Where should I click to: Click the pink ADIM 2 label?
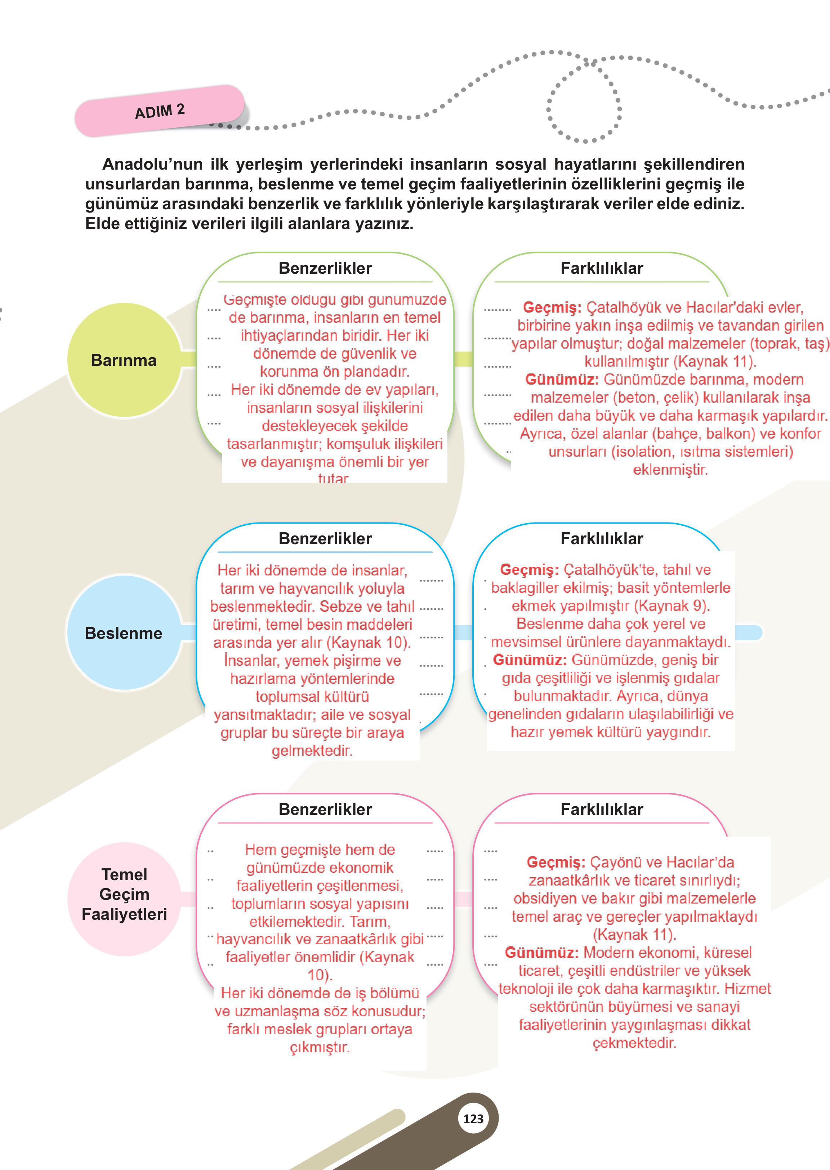tap(160, 110)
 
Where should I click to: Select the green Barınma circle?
tap(124, 360)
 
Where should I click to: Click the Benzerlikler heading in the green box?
tap(325, 268)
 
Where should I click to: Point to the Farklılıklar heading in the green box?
tap(602, 268)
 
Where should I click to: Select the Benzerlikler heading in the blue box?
tap(325, 538)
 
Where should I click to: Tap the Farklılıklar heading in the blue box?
tap(602, 538)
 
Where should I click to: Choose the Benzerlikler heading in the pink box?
tap(325, 809)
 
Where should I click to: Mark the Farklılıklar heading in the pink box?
tap(602, 809)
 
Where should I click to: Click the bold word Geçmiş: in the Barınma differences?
tap(552, 308)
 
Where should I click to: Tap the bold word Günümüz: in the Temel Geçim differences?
tap(541, 953)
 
